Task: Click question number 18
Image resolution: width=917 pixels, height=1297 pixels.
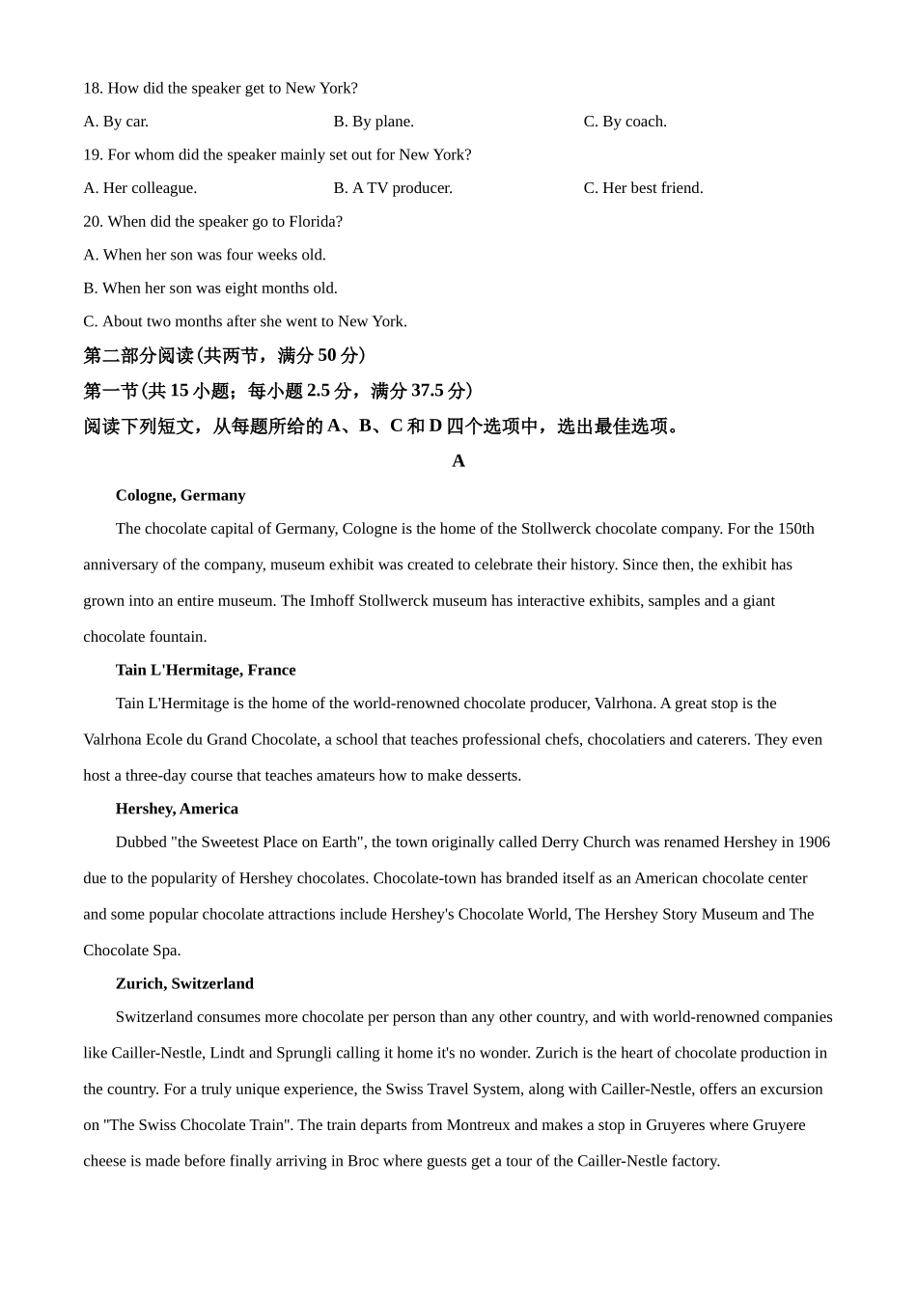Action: [93, 89]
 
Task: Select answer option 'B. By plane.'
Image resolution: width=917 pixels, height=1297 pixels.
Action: [374, 122]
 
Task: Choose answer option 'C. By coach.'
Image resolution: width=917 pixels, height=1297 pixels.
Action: [625, 122]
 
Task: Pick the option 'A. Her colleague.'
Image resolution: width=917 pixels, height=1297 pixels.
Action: [140, 188]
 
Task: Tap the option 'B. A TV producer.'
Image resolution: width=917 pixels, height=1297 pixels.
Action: [393, 188]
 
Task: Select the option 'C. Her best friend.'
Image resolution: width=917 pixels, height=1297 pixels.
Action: [643, 188]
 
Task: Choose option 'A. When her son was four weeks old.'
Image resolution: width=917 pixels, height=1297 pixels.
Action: [205, 255]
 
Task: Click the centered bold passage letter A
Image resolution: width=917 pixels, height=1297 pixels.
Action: [458, 461]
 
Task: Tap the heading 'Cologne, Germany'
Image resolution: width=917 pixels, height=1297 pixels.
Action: [181, 496]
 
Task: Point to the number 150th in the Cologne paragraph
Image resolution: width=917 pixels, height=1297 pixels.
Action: [795, 529]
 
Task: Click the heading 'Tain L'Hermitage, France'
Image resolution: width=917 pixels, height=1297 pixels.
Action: [206, 671]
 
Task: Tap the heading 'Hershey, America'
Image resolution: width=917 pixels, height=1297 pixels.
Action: [177, 810]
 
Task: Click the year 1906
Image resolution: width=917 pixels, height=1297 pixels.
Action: [814, 842]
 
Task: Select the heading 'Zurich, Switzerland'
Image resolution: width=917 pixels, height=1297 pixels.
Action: [184, 984]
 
